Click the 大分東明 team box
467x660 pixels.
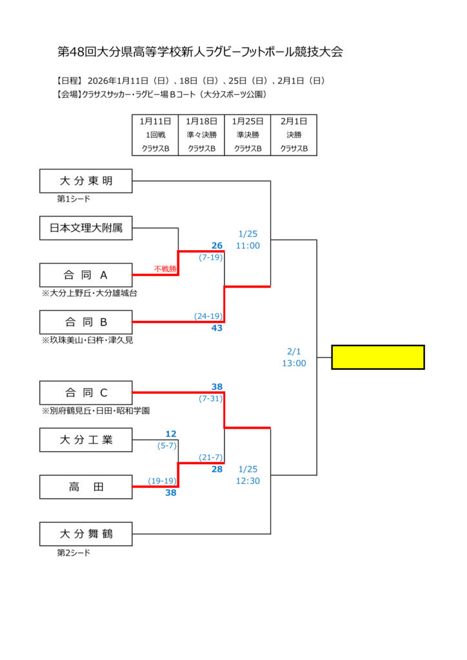[x=86, y=181]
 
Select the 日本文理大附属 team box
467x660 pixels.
[x=86, y=228]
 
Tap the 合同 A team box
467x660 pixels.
[x=86, y=275]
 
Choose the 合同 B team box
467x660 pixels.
[x=86, y=322]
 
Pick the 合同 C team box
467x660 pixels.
[x=86, y=393]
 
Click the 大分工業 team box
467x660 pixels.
[x=86, y=440]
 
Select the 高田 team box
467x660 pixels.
[x=86, y=487]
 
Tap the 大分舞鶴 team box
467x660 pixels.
[x=86, y=534]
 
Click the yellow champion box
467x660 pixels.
[x=378, y=357]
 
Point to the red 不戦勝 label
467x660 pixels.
[x=165, y=269]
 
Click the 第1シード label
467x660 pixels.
[x=74, y=199]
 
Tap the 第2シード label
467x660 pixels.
[x=74, y=552]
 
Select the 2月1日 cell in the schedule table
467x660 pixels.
[x=293, y=121]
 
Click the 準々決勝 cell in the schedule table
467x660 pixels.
[x=201, y=135]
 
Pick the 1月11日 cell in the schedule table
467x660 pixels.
[x=155, y=121]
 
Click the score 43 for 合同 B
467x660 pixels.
[x=217, y=328]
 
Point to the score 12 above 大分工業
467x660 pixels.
[x=171, y=434]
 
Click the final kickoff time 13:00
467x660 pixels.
[x=294, y=364]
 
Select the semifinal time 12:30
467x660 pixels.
[x=248, y=481]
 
